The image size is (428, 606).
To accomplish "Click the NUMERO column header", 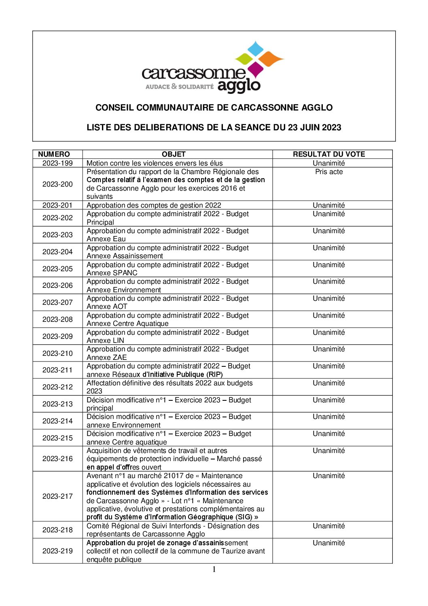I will click(x=54, y=154).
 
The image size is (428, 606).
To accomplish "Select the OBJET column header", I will click(x=174, y=154).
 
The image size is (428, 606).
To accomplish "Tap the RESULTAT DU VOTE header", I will click(x=329, y=154).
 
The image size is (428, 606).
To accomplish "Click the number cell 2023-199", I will click(x=57, y=163).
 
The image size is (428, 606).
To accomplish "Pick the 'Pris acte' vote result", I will click(x=329, y=172).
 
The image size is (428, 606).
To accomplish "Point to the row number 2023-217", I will click(x=57, y=496).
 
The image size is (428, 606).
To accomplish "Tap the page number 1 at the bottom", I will click(x=214, y=570).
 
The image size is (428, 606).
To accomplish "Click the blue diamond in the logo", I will click(x=255, y=49).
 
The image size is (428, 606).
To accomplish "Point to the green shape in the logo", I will click(x=244, y=59).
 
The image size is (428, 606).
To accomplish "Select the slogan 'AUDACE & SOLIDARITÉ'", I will click(x=179, y=87).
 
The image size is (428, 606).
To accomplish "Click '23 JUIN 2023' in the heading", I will click(x=314, y=128).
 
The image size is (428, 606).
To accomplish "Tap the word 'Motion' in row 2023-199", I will click(x=97, y=163).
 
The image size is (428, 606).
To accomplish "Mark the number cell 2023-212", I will click(x=57, y=387).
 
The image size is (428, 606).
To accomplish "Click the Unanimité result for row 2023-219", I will click(x=329, y=543).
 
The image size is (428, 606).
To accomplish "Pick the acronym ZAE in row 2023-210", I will click(x=119, y=357).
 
